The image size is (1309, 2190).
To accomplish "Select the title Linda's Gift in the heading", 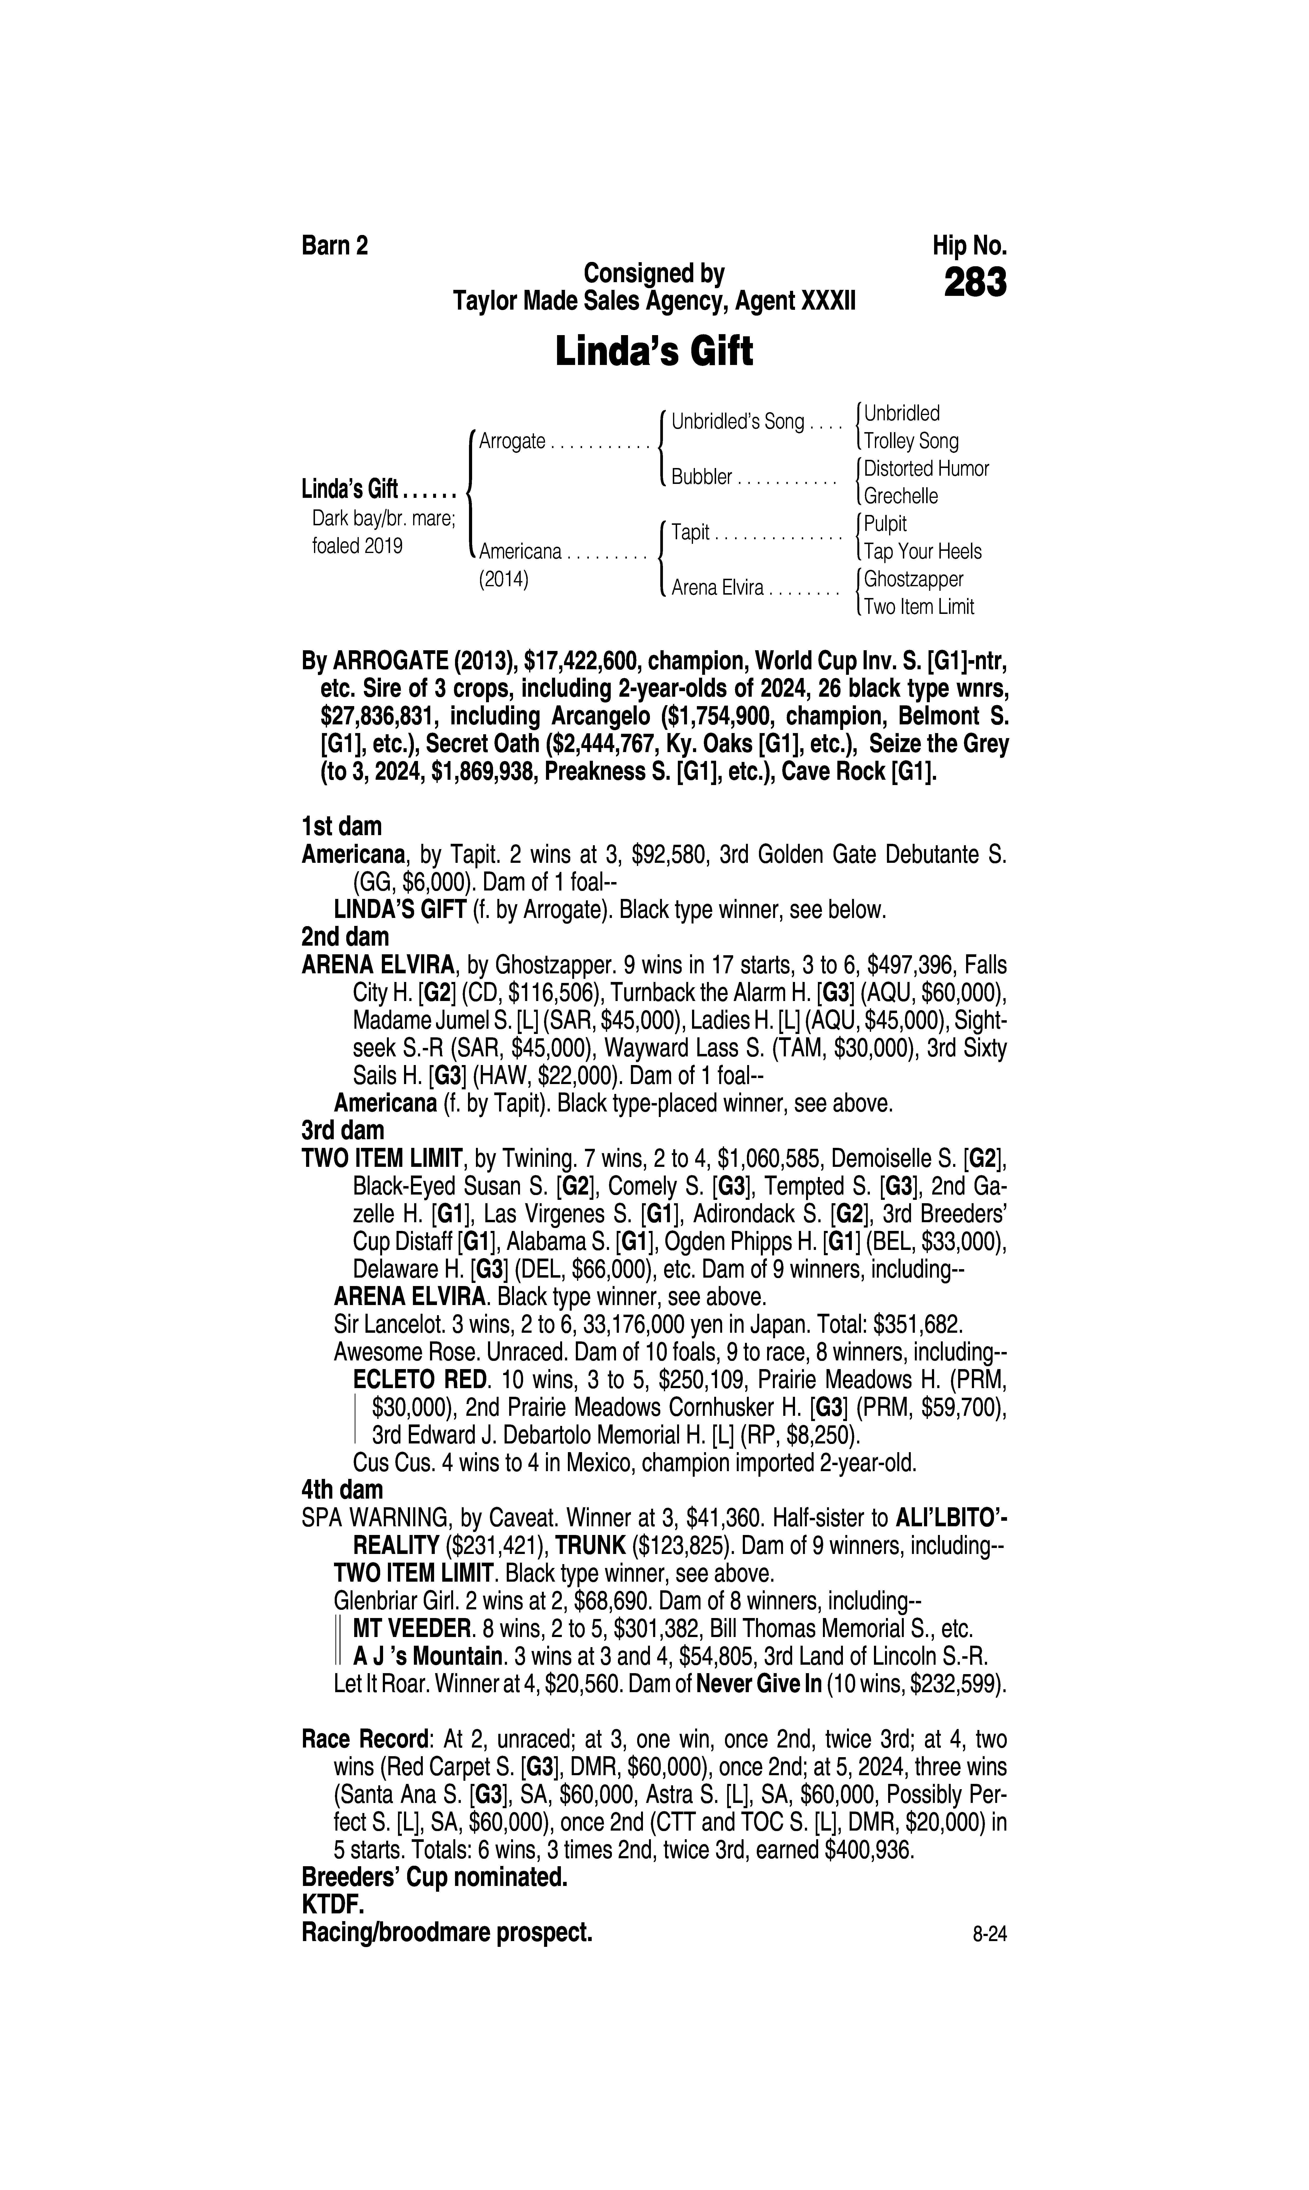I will click(x=654, y=351).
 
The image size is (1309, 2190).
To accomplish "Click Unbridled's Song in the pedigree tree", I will click(x=738, y=422).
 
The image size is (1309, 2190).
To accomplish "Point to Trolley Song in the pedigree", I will click(x=911, y=441).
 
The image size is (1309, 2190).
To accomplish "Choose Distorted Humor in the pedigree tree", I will click(x=926, y=468).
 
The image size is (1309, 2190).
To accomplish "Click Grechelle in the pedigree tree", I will click(x=901, y=496).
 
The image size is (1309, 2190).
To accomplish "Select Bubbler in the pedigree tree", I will click(x=702, y=477).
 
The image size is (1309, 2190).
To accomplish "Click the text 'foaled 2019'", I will click(x=357, y=546).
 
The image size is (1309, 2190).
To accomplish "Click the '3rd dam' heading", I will click(x=343, y=1130).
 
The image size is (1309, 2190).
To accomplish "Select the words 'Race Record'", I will click(x=365, y=1740).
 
